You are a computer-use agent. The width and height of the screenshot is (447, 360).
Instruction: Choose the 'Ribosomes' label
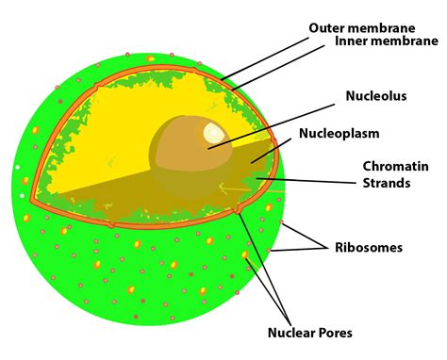click(369, 248)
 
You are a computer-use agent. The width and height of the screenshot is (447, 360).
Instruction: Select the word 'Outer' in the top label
click(325, 27)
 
